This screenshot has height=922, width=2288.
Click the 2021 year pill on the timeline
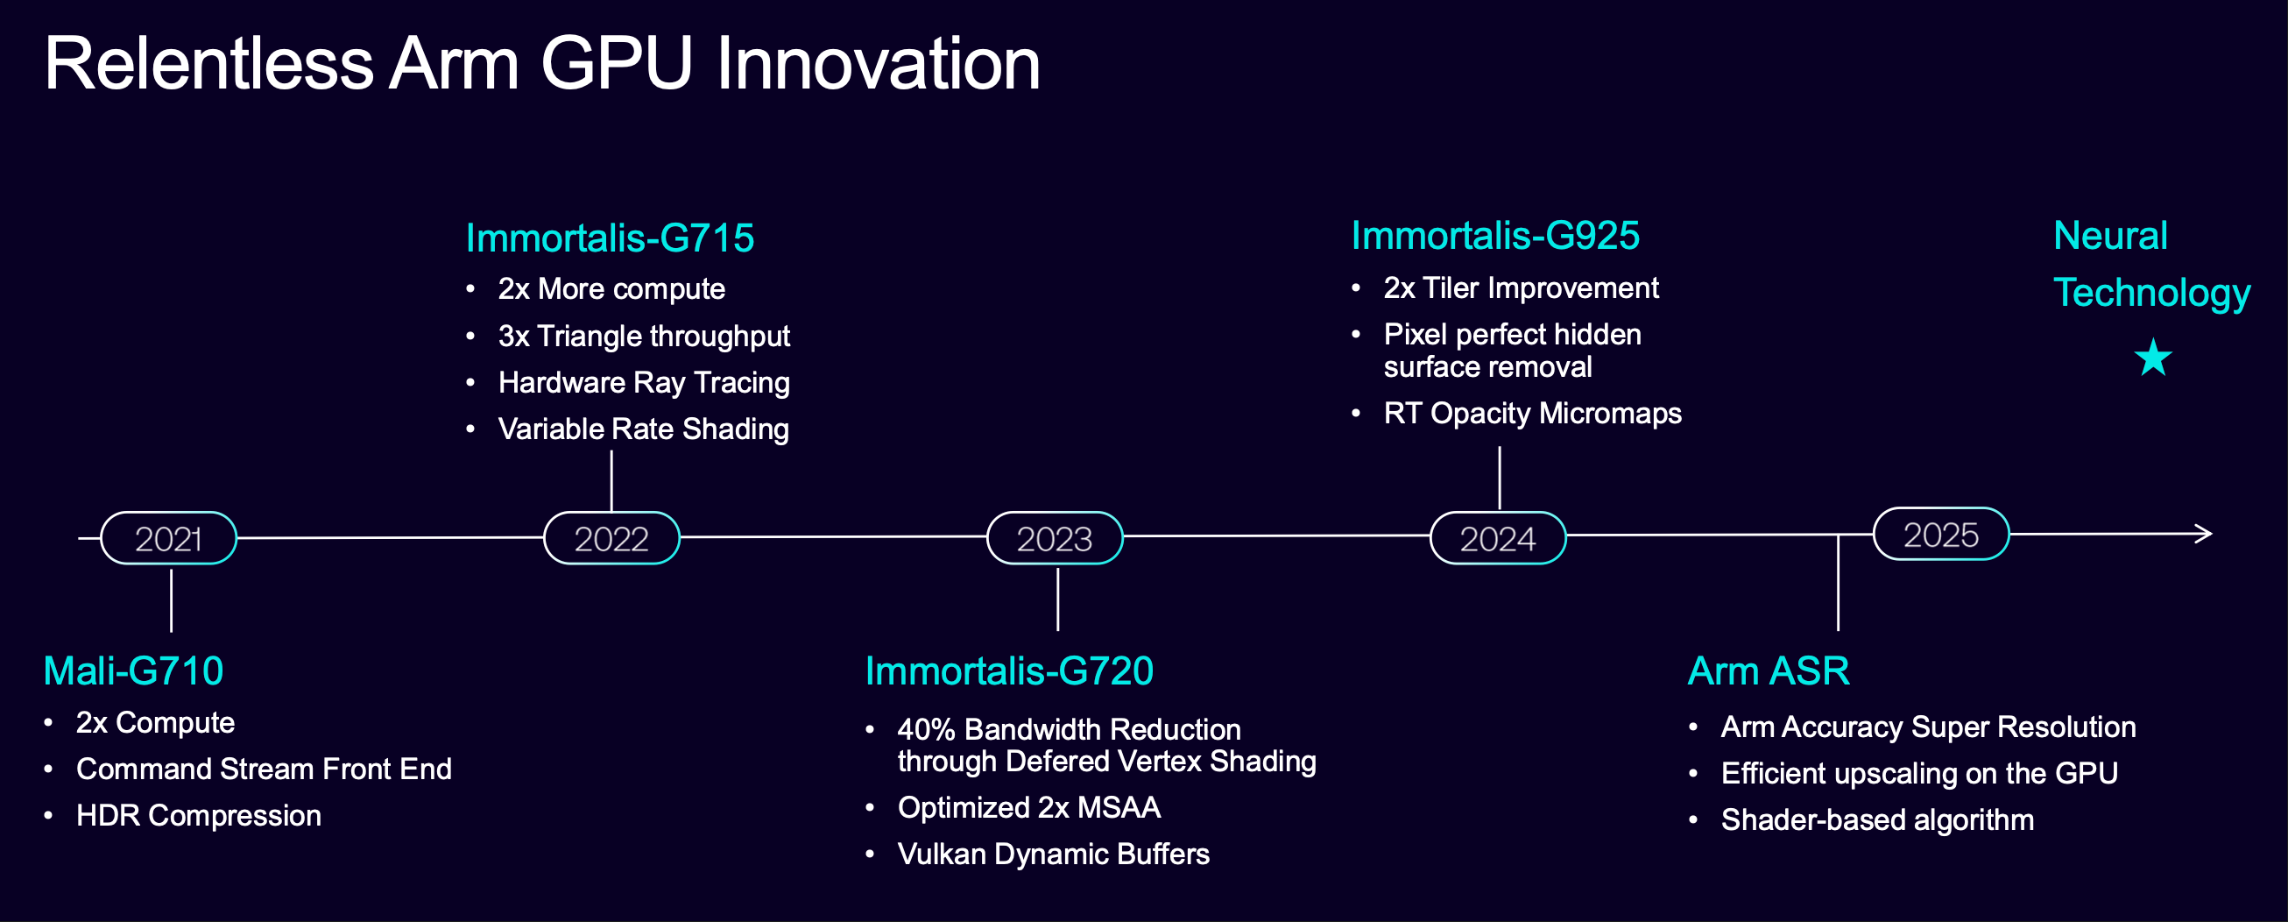(169, 537)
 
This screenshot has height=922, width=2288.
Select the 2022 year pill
(611, 537)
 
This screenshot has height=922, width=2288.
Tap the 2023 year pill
(1055, 537)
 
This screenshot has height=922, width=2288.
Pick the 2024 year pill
(1498, 537)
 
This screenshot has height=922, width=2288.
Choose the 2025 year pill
(1941, 534)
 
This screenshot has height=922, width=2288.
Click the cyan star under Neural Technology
(2153, 357)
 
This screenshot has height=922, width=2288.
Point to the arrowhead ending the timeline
(2205, 534)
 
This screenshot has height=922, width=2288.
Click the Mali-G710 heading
(133, 670)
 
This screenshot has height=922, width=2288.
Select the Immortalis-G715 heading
(610, 238)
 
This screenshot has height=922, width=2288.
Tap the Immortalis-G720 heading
(1009, 670)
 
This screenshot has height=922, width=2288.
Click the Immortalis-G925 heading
(1495, 236)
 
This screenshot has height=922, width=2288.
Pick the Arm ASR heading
(1769, 670)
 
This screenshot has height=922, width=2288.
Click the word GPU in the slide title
(616, 63)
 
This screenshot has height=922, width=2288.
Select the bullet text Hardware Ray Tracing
(644, 383)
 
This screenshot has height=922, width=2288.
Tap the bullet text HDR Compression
(199, 815)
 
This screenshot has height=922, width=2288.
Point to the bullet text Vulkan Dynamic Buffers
(1054, 854)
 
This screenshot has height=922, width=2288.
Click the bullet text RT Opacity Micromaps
(1532, 413)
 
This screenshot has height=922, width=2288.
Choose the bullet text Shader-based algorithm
(1877, 819)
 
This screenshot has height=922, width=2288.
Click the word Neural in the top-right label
(2110, 236)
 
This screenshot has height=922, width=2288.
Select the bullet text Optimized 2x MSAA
(1028, 807)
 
